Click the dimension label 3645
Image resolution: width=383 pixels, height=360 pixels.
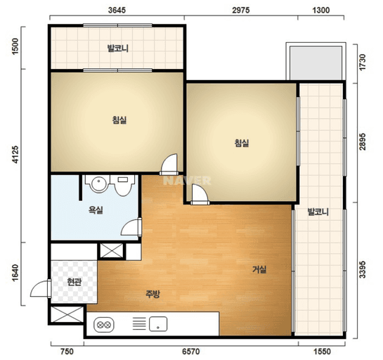[117, 10]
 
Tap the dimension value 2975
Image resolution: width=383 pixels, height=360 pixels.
[241, 10]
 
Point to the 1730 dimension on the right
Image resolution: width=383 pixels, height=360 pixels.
[363, 62]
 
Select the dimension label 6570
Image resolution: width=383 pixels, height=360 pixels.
[190, 352]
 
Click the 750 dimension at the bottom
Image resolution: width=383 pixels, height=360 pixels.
[67, 352]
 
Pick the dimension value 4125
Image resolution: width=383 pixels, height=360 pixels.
[15, 155]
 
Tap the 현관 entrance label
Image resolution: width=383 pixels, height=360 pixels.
[74, 282]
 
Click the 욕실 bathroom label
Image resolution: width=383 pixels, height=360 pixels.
[96, 210]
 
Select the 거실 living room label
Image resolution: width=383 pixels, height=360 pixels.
[259, 269]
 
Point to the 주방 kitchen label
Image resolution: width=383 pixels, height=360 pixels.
[152, 294]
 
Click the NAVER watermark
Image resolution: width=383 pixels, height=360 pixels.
[187, 181]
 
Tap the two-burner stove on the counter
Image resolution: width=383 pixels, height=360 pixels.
[104, 325]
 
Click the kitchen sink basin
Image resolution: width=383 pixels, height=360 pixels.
[158, 324]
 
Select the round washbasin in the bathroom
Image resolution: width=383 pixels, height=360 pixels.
[98, 184]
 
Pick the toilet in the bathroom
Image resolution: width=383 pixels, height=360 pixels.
[122, 185]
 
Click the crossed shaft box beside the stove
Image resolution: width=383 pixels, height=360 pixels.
[67, 314]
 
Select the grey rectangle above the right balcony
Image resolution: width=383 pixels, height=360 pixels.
[316, 63]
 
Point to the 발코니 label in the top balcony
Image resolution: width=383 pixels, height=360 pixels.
[118, 48]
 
